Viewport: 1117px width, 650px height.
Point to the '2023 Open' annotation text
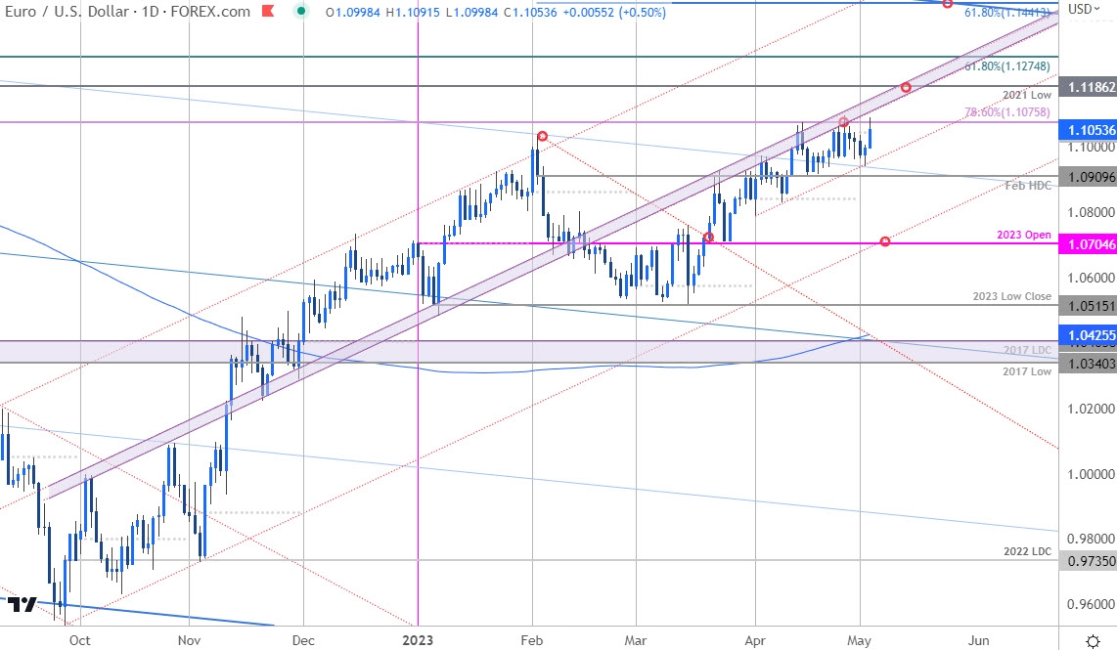1024,235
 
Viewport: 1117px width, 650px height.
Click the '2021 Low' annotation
1027,95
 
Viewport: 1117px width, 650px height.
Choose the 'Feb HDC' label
1029,185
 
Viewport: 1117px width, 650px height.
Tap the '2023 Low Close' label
1011,296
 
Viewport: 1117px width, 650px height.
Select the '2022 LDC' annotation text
1027,551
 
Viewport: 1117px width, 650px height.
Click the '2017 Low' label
1027,371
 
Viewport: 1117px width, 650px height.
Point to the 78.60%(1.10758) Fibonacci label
1007,112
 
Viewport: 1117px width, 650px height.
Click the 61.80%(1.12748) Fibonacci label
1007,66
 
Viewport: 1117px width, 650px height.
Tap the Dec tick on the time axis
303,639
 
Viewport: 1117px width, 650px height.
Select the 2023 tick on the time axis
418,639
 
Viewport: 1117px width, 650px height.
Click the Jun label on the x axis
978,639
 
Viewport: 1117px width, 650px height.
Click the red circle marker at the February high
541,136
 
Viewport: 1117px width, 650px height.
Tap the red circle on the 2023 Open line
885,241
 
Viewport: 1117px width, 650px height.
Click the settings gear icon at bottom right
1093,640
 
